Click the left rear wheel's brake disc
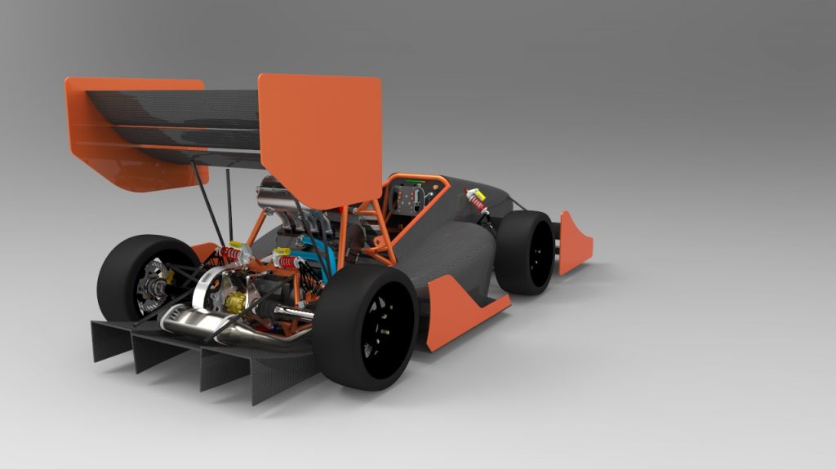151,281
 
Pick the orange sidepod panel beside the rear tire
457,311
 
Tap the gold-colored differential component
234,303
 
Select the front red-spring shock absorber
477,201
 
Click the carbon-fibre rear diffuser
204,359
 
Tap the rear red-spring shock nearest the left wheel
232,254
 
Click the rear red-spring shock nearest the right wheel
287,262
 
